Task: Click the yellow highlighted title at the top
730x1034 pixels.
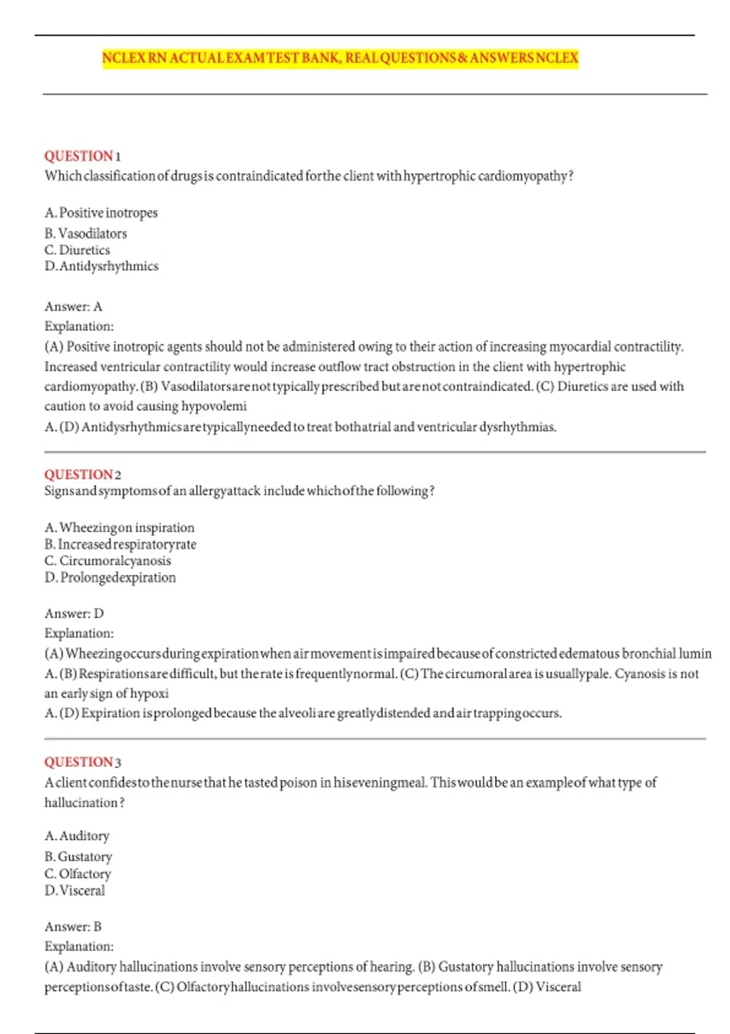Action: coord(340,58)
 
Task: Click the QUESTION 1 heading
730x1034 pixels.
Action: coord(83,156)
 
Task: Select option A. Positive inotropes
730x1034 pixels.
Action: coord(101,213)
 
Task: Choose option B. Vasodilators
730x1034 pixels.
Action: coord(86,234)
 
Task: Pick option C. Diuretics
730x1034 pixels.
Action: coord(77,250)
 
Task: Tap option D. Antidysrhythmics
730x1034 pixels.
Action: coord(102,266)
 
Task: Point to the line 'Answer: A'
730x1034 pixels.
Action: coord(73,307)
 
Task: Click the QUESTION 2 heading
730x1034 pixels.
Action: coord(83,474)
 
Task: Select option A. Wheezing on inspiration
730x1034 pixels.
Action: coord(120,527)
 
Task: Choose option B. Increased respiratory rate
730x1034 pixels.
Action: coord(120,544)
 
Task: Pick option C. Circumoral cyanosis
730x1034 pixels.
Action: coord(108,561)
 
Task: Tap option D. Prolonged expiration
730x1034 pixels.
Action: coord(110,578)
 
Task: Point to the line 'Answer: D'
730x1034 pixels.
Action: coord(74,614)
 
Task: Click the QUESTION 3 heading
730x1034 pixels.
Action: coord(83,762)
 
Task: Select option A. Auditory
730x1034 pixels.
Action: coord(77,836)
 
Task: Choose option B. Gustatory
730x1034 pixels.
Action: coord(78,857)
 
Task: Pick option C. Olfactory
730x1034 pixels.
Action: coord(78,874)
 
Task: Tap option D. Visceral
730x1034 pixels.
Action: coord(75,890)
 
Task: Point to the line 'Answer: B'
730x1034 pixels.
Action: coord(73,927)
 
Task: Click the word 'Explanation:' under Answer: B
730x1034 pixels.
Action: coord(79,946)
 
